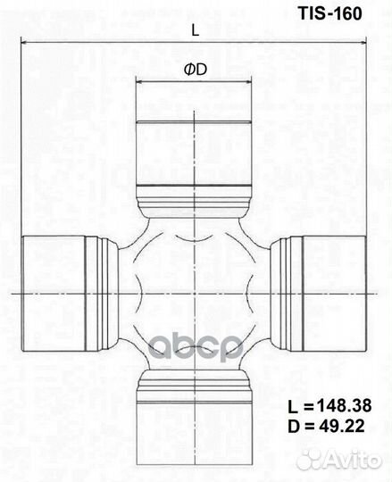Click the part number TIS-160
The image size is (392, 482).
pyautogui.click(x=330, y=13)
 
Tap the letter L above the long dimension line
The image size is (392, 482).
pyautogui.click(x=196, y=30)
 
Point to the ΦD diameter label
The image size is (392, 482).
pyautogui.click(x=196, y=71)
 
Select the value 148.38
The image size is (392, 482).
pyautogui.click(x=345, y=406)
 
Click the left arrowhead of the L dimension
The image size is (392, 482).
pyautogui.click(x=23, y=41)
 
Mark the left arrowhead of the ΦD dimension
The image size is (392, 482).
pyautogui.click(x=138, y=82)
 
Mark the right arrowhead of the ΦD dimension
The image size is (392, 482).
pyautogui.click(x=249, y=82)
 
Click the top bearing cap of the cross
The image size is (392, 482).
pyautogui.click(x=194, y=154)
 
